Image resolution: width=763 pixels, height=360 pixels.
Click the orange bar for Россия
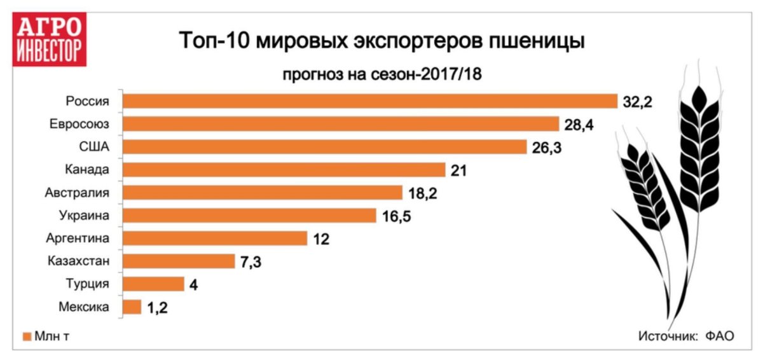[369, 101]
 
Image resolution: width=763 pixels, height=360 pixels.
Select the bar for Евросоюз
[340, 123]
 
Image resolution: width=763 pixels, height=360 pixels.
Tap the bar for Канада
[284, 170]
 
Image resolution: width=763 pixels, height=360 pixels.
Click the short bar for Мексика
[132, 307]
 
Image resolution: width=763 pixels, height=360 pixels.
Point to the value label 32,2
[638, 101]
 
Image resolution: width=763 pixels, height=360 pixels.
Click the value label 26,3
[547, 147]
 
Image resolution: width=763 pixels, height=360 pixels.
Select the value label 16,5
[396, 216]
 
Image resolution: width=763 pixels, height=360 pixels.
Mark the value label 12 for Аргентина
[320, 239]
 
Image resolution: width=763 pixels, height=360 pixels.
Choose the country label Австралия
[77, 193]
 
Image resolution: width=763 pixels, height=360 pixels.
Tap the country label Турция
[88, 284]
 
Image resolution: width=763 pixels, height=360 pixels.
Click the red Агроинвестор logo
[50, 39]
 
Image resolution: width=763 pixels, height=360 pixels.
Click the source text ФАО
[719, 336]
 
